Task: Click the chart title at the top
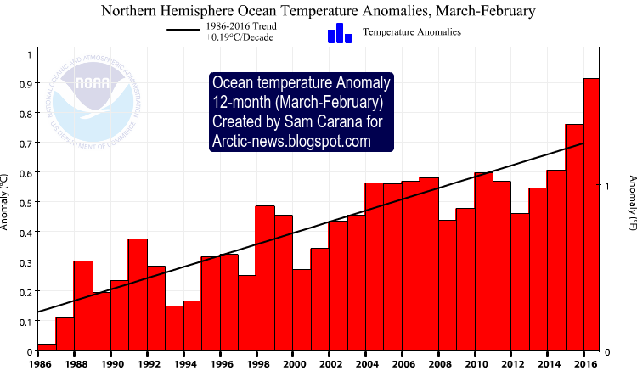click(318, 12)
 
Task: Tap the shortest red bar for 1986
click(47, 347)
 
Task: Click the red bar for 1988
click(83, 306)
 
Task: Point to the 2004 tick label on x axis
click(368, 364)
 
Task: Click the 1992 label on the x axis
click(149, 364)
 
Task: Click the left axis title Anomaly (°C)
click(6, 202)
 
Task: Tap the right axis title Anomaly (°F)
click(631, 202)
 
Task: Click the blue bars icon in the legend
click(339, 33)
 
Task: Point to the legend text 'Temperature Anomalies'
click(411, 32)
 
